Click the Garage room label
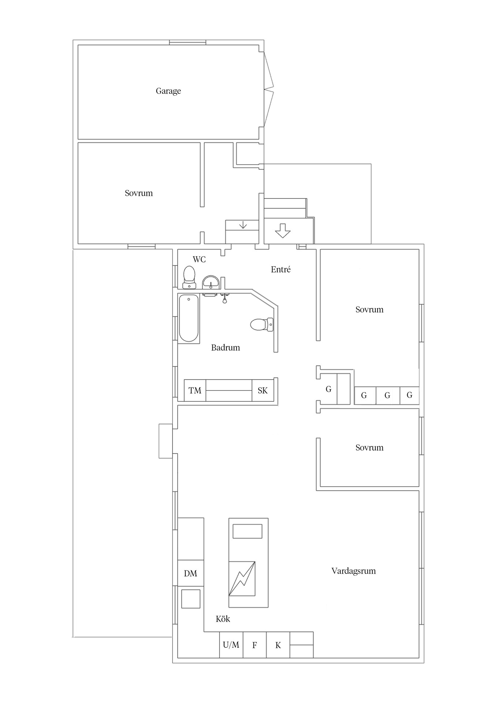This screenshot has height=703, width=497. coord(168,91)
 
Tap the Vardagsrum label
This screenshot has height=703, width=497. coord(353,571)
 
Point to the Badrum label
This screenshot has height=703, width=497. coord(225,347)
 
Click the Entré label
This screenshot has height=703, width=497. coord(281,269)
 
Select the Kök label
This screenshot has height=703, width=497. coord(223,619)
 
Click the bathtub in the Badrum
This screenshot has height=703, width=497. coord(189,318)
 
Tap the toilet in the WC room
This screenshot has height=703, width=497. coord(189,277)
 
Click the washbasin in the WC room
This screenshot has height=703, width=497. coord(211,282)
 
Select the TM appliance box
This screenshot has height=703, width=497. coord(195,390)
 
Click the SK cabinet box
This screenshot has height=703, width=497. coord(263,390)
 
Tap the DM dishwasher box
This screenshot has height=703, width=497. coord(190,573)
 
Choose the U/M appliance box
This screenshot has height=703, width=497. coord(231,645)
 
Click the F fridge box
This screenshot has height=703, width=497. coord(255,645)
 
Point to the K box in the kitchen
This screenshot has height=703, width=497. coord(278,645)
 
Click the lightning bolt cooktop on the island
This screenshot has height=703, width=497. coord(242,579)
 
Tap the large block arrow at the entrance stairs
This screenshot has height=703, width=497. coord(282,231)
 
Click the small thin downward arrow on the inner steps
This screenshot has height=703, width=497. coord(242,225)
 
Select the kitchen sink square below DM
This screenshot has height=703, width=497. coord(191,599)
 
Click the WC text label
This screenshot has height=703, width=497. coord(199,259)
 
